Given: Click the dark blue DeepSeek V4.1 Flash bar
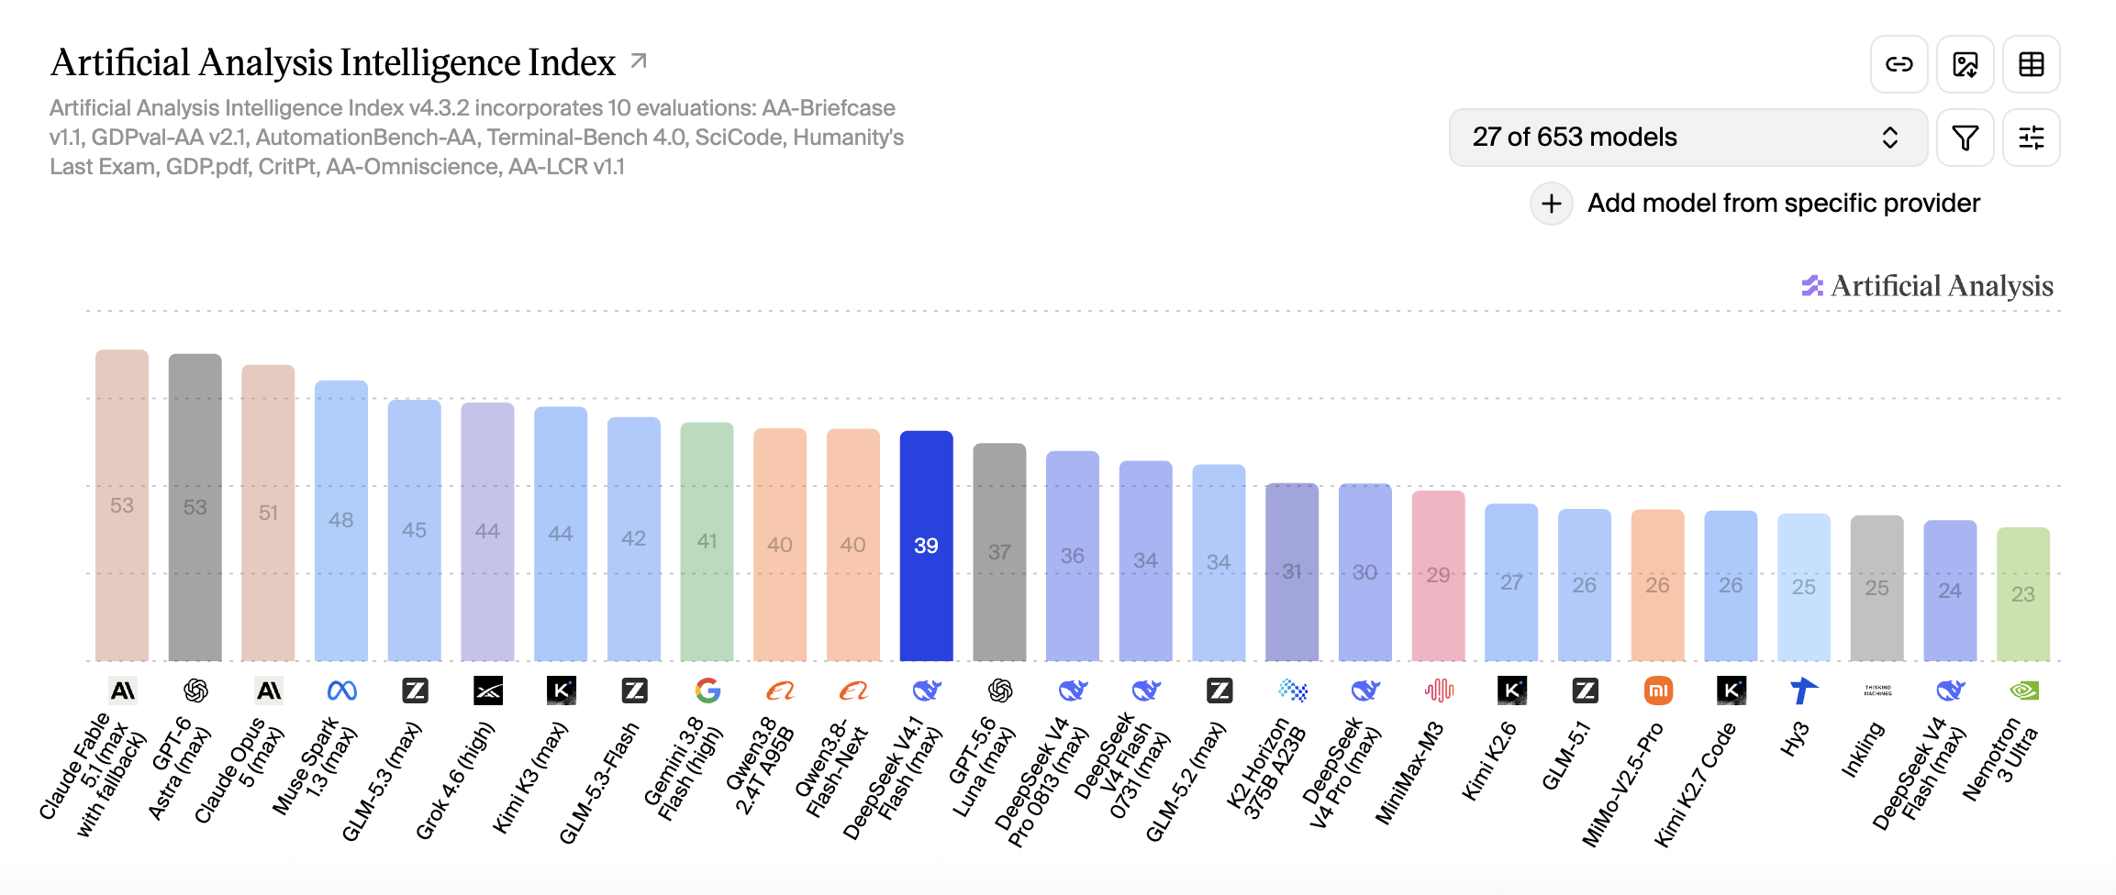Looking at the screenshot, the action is [926, 546].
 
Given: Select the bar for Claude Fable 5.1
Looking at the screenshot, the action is [122, 505].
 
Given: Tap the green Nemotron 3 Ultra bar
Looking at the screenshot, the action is [2022, 594].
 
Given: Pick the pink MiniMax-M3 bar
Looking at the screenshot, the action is [1438, 576].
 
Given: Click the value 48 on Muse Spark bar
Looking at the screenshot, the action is [341, 520].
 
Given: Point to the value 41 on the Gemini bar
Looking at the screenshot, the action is [707, 541].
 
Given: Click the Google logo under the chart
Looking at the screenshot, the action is [707, 691].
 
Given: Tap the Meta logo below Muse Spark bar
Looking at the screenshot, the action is [341, 691].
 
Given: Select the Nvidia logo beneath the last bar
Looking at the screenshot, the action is [2023, 691].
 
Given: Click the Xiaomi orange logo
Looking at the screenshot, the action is [1658, 691].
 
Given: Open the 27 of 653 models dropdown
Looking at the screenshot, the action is [1687, 138].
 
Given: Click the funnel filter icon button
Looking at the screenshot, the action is [1965, 138].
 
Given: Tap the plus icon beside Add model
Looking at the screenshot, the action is [1552, 203].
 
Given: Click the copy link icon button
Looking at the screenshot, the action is [1899, 64].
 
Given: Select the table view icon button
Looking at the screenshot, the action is [2031, 64].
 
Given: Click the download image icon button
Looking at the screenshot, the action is [1965, 64].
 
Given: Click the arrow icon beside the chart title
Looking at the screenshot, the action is [639, 61].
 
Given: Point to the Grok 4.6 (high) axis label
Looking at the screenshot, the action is [455, 780].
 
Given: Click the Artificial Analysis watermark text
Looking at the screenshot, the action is [1942, 286].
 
